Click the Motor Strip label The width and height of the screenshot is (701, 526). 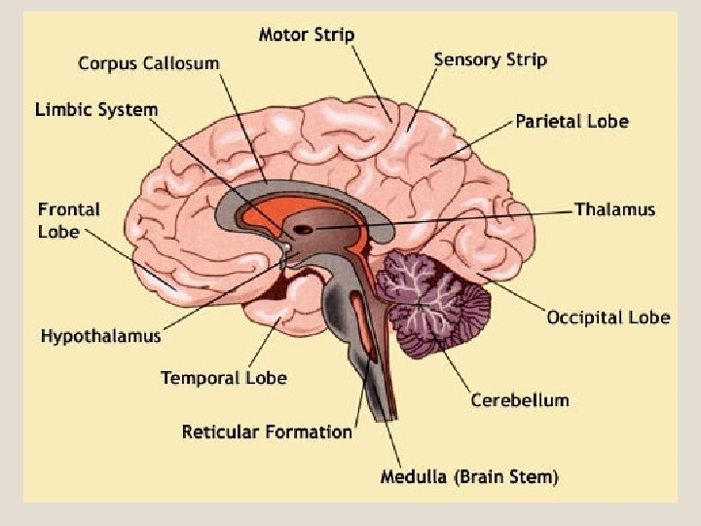click(307, 35)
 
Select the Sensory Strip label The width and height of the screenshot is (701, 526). click(490, 59)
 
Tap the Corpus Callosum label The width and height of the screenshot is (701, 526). click(149, 63)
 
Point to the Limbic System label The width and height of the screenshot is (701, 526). click(96, 109)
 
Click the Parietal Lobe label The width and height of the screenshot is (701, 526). click(572, 122)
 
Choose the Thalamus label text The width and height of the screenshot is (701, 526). click(614, 209)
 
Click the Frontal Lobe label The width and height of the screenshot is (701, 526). click(68, 220)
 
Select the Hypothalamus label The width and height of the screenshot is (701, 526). click(100, 336)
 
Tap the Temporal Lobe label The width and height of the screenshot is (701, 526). click(224, 378)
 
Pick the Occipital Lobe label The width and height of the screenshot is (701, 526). click(608, 318)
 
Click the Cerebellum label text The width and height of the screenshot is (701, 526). click(520, 400)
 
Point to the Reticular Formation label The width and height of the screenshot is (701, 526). click(267, 432)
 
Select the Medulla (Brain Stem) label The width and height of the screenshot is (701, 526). click(469, 477)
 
